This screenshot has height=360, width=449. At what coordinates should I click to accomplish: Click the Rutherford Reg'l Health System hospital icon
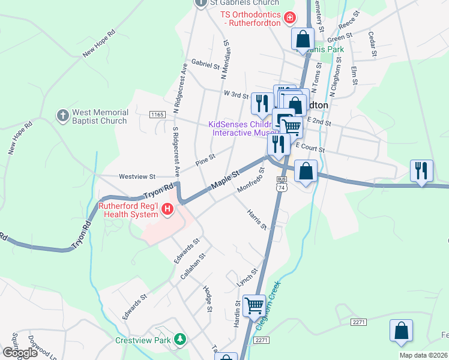point(168,209)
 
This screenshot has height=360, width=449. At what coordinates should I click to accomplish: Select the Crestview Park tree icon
point(179,340)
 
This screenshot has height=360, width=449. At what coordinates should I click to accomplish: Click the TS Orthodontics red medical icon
point(290,18)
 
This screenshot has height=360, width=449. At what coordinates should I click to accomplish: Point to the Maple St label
point(224,181)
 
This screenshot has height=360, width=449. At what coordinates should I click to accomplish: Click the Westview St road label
point(137,177)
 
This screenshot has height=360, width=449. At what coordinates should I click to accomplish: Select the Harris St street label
point(256,219)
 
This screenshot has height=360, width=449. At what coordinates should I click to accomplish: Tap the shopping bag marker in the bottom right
point(401,331)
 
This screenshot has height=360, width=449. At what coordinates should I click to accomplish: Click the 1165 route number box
point(157,115)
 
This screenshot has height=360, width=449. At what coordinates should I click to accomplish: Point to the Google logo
point(20,352)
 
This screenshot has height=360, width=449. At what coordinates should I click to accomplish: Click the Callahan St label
point(193,266)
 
